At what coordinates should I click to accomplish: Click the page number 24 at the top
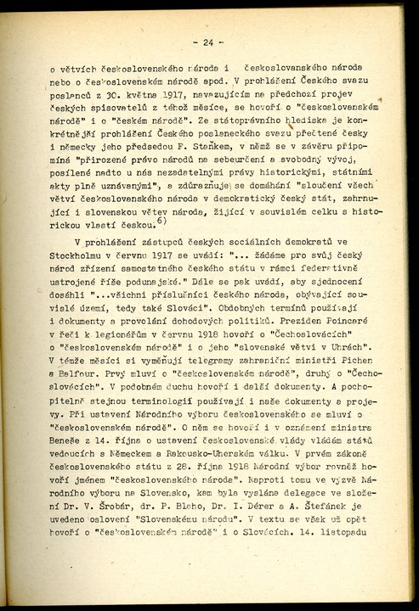tap(207, 42)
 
